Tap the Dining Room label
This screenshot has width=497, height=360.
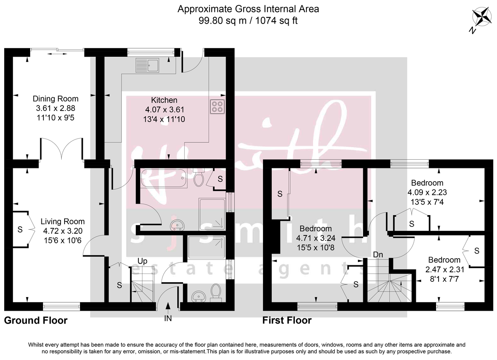pos(55,99)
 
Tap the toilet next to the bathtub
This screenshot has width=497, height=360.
pos(198,178)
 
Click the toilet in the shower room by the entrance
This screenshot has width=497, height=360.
pos(216,291)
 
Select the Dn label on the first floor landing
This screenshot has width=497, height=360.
pos(378,255)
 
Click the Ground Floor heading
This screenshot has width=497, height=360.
pos(36,321)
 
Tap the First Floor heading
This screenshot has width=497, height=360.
pos(287,321)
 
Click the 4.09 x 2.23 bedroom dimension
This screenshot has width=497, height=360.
pos(427,192)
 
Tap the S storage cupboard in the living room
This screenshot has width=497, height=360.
pos(20,230)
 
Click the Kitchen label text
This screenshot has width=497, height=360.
pos(164,100)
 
